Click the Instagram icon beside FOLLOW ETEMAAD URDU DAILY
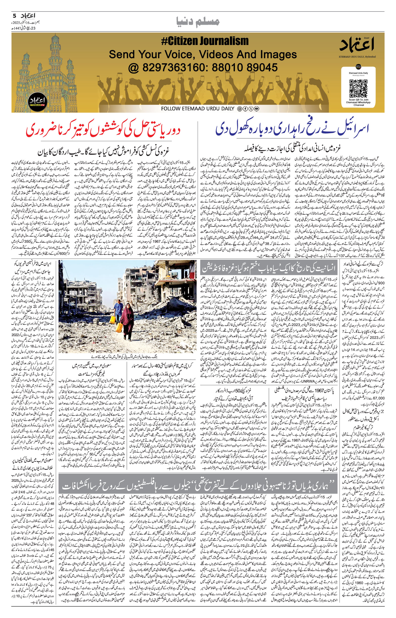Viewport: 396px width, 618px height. point(239,109)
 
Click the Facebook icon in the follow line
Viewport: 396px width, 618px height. point(245,109)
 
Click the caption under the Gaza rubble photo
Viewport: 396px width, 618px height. point(127,357)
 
